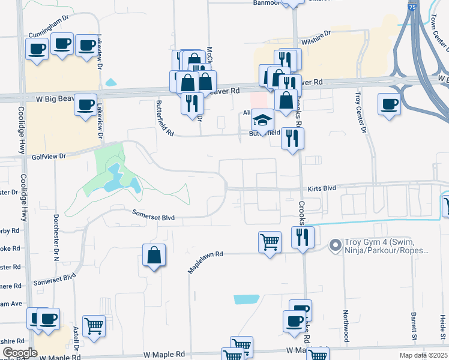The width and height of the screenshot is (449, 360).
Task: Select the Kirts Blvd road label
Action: [x=322, y=188]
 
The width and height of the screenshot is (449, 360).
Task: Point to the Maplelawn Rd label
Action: [x=205, y=262]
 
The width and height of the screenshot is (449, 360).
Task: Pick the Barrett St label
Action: [x=414, y=323]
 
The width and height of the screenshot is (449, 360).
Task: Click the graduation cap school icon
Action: [x=262, y=119]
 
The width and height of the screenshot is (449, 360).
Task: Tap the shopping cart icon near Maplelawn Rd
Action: [x=270, y=242]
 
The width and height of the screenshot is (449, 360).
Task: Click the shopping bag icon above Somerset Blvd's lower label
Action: [x=154, y=255]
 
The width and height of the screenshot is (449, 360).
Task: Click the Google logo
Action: [x=20, y=352]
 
